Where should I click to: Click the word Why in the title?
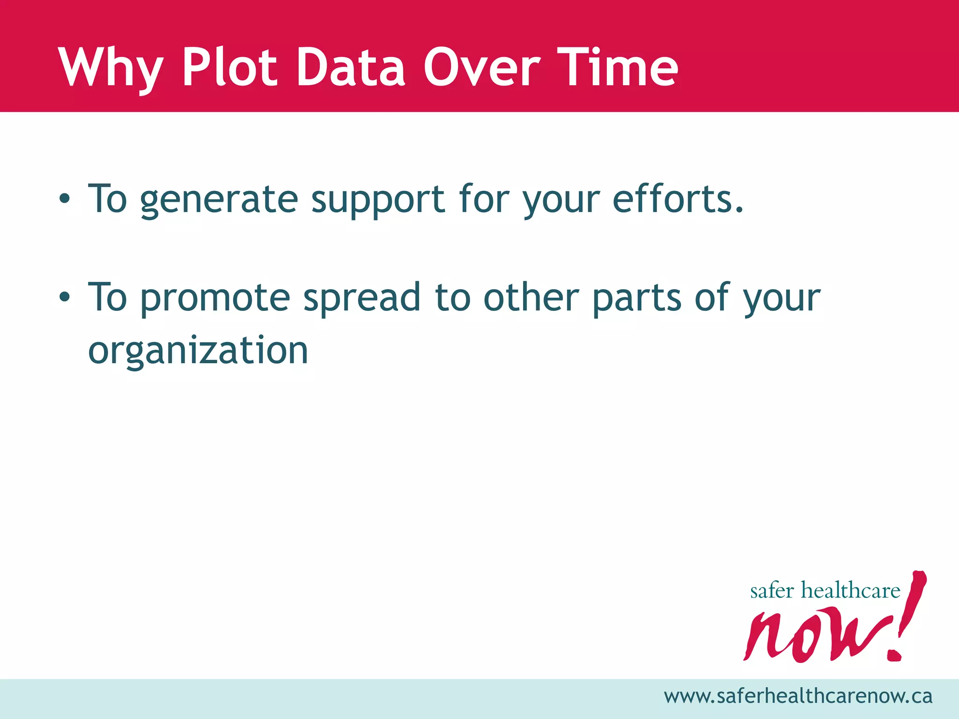click(x=111, y=68)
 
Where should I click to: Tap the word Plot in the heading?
click(x=229, y=68)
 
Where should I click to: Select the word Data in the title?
click(x=351, y=68)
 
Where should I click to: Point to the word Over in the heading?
click(x=482, y=68)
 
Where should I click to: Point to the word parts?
click(x=636, y=298)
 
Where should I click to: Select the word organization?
click(x=198, y=351)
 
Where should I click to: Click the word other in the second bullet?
click(x=531, y=298)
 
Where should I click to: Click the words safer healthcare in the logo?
click(x=825, y=591)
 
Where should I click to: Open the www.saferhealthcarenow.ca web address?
click(x=798, y=696)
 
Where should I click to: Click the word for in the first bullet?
click(x=484, y=199)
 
